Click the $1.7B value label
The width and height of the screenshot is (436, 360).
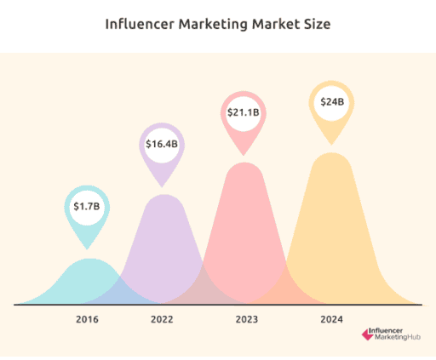(86, 206)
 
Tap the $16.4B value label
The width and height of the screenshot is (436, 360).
(162, 144)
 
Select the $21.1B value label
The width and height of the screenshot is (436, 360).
(244, 112)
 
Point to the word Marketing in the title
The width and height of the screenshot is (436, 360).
(213, 24)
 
